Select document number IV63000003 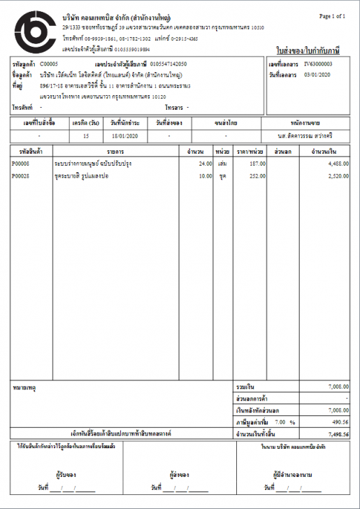tap(319, 64)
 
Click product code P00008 tap(21, 163)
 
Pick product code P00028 tap(21, 175)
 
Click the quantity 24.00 tap(205, 163)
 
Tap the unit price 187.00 tap(257, 163)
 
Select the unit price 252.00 tap(257, 175)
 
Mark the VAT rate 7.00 tap(279, 422)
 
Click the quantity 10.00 tap(205, 175)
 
